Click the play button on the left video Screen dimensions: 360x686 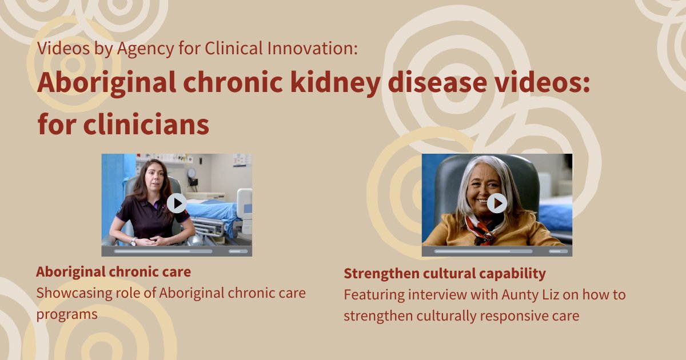pos(177,203)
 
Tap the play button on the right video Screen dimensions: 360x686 pos(497,203)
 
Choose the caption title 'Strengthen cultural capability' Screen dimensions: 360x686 pos(444,274)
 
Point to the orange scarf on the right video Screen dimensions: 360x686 pos(479,227)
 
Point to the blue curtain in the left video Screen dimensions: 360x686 pos(111,194)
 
